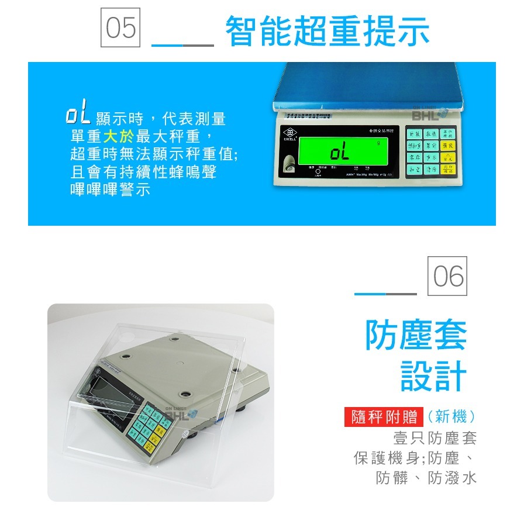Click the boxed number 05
(121, 27)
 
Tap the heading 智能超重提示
(327, 32)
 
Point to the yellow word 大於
(119, 137)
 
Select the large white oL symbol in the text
(77, 115)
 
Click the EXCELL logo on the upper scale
(289, 134)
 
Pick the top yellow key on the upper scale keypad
(448, 134)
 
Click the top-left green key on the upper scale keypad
(414, 134)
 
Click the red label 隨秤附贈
(384, 417)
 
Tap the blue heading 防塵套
(416, 335)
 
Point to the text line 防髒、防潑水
(426, 478)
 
